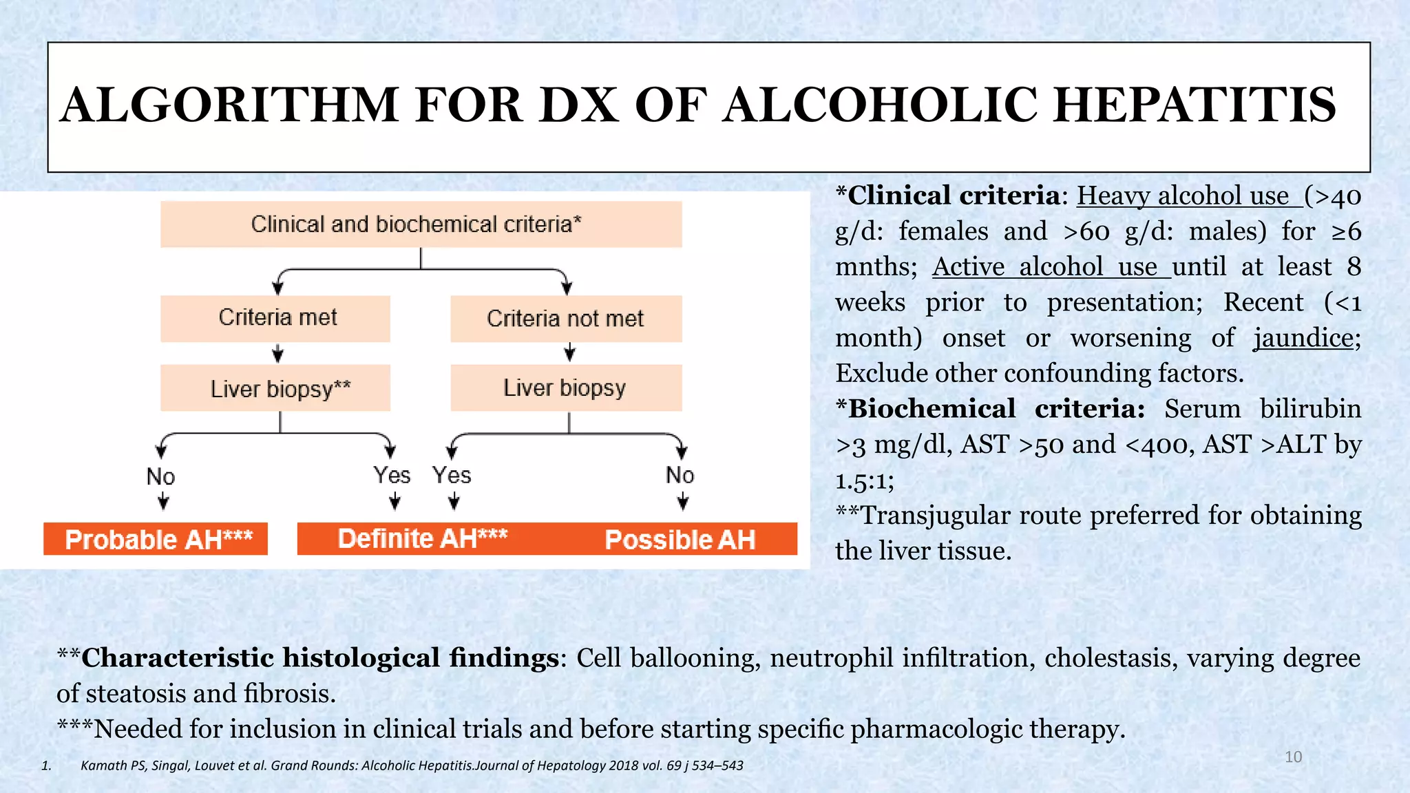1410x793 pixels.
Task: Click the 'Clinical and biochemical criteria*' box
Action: pos(421,224)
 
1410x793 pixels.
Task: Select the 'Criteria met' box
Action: pos(275,318)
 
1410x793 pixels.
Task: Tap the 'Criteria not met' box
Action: pos(566,319)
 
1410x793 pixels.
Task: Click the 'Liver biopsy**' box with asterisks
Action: pos(275,388)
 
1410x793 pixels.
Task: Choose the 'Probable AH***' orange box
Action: pos(156,539)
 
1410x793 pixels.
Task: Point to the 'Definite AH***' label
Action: pos(423,538)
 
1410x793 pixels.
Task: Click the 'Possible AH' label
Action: pos(680,540)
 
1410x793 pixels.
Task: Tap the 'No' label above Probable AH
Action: pos(161,476)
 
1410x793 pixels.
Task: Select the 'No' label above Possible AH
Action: pos(680,475)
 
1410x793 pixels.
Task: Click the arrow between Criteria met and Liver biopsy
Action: pos(277,354)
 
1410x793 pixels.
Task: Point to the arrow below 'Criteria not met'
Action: pos(569,352)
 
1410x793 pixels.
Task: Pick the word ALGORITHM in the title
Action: pos(229,105)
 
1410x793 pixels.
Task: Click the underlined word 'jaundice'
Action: pos(1303,338)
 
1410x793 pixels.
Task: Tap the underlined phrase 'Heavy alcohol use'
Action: pos(1183,196)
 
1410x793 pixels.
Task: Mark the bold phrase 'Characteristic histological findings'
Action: pos(319,658)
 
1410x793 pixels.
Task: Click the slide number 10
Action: pos(1293,757)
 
